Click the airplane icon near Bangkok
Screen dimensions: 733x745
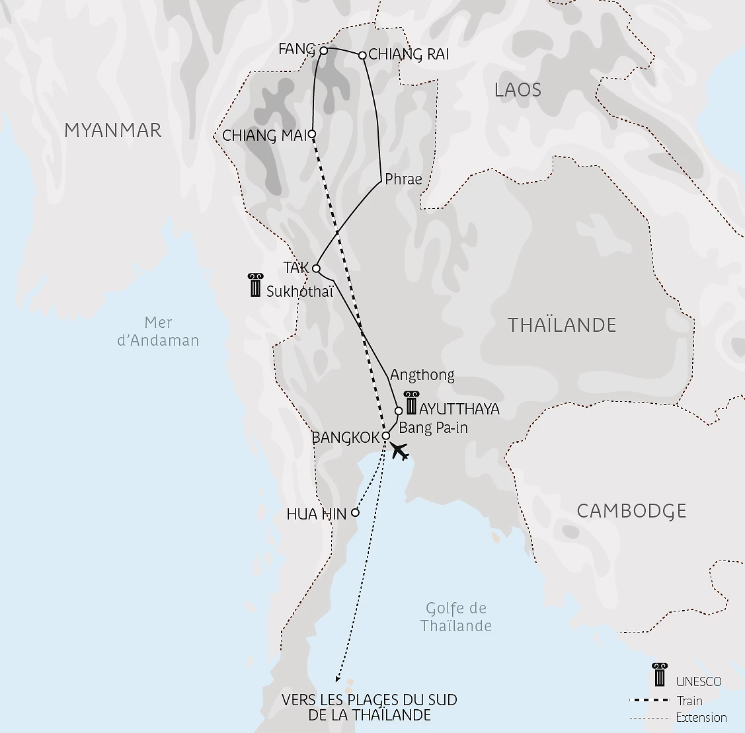tap(399, 452)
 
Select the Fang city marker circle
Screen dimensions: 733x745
tap(323, 50)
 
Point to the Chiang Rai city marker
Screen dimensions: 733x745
tap(362, 56)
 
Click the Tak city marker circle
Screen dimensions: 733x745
tap(316, 268)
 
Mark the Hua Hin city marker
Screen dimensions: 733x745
tap(355, 512)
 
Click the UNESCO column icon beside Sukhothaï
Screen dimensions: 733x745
tap(255, 285)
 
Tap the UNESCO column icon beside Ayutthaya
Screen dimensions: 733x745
tap(411, 403)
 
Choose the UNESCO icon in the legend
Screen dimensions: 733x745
tap(659, 675)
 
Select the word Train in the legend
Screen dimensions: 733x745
tap(689, 701)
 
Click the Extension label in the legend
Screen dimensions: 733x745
tap(701, 718)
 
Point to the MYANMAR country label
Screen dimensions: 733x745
tap(113, 130)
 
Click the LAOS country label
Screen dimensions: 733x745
tap(518, 90)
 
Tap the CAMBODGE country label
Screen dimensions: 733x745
tap(631, 511)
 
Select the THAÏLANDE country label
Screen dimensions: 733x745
tap(562, 325)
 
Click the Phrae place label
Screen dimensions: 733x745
tap(403, 179)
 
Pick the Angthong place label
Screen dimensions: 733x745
tap(422, 375)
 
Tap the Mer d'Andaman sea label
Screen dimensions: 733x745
tap(158, 332)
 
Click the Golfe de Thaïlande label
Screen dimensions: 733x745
tap(456, 617)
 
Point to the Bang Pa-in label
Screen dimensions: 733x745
tap(434, 428)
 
